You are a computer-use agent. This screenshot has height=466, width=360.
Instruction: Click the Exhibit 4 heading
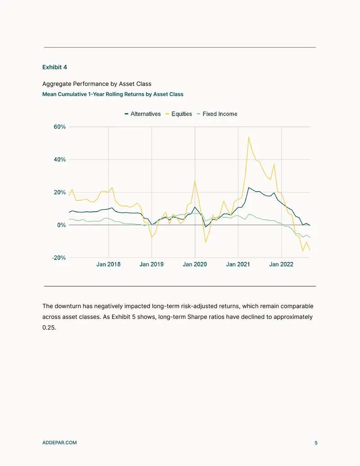point(54,67)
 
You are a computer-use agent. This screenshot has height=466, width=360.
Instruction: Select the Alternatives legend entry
point(143,114)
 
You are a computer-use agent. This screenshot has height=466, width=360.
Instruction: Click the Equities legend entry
point(179,114)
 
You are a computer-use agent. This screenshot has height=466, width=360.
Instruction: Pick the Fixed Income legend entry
point(217,114)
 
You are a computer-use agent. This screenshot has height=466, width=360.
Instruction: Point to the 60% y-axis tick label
point(60,127)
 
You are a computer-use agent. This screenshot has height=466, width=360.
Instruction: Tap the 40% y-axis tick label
point(60,159)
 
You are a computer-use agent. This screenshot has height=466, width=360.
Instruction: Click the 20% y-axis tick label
point(60,192)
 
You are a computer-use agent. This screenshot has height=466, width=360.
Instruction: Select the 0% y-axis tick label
point(62,225)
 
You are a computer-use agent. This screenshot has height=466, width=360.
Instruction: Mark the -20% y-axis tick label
point(59,258)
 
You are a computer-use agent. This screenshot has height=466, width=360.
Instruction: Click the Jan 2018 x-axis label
point(108,264)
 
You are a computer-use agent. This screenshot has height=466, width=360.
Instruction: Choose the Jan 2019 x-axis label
point(152,264)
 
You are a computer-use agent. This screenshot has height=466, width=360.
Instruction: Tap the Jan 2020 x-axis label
point(195,264)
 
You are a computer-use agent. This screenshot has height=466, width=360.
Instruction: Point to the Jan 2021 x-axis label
point(238,264)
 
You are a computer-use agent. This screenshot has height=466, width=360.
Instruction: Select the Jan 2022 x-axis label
point(281,264)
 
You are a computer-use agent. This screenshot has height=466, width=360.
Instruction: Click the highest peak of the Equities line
point(248,137)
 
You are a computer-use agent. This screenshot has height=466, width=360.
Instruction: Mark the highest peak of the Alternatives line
point(248,188)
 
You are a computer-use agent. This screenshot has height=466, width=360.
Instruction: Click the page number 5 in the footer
point(316,443)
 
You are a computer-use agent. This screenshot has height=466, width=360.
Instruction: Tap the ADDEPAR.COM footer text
point(59,443)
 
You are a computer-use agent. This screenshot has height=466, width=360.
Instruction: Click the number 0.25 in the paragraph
point(49,327)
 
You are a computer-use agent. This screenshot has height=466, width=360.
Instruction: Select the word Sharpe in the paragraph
point(196,317)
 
